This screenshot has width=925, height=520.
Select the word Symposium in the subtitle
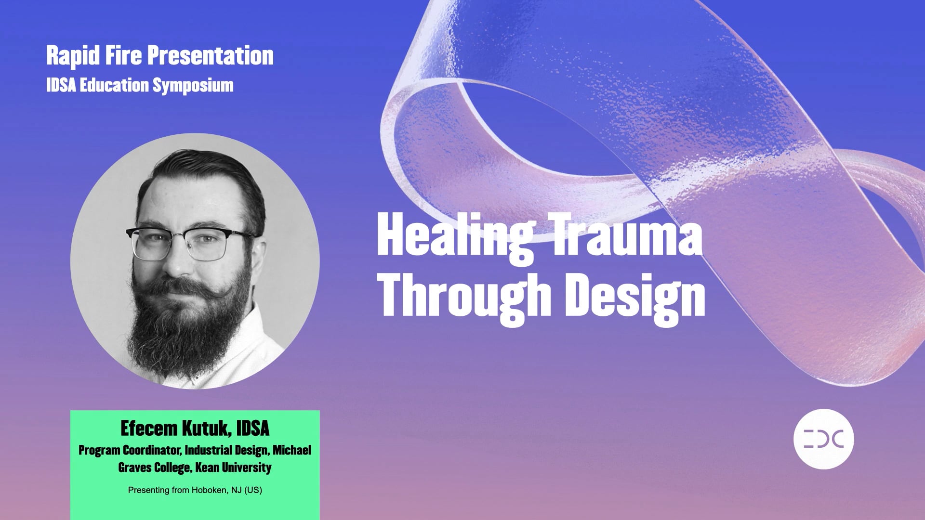193,86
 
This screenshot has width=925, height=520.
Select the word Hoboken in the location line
209,490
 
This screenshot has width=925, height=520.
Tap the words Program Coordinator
130,450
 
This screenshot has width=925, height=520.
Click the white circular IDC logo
823,439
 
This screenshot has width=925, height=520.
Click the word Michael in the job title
292,450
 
